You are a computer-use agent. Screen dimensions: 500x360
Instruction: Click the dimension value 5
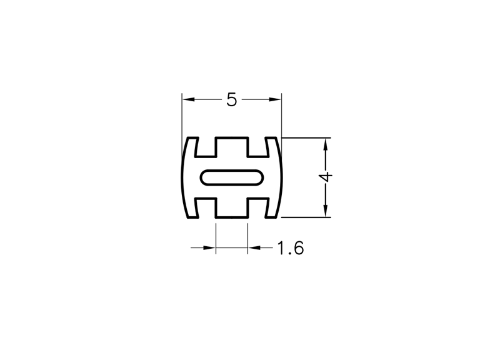(x=232, y=99)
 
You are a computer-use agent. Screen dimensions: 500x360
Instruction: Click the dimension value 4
(x=326, y=177)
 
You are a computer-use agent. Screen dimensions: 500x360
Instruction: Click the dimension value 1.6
(x=290, y=248)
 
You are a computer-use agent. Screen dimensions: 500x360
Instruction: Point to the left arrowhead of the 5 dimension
(x=188, y=99)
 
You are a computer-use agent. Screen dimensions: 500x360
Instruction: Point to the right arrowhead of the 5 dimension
(x=275, y=99)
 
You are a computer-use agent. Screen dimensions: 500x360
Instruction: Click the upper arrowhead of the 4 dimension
(x=326, y=144)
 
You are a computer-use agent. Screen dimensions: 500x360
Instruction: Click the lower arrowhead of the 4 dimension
(x=326, y=211)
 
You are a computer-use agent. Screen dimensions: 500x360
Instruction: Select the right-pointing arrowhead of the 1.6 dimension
(x=209, y=247)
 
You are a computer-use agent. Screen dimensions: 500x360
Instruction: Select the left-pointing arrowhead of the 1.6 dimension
(x=254, y=247)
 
